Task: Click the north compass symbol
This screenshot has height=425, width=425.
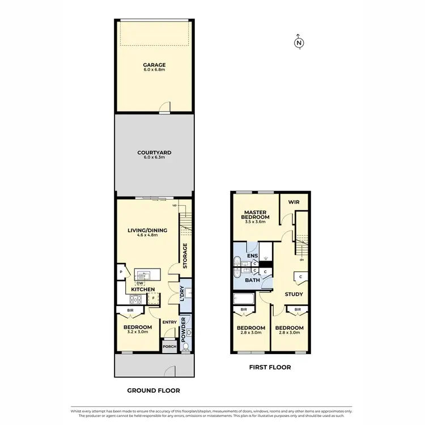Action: [299, 42]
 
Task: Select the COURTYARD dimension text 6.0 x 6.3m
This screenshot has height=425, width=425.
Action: [154, 158]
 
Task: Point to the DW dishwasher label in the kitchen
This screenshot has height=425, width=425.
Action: [139, 283]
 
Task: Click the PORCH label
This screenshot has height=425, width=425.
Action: [168, 347]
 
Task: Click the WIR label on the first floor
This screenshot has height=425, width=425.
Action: [294, 202]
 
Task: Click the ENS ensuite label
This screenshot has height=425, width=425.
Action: [252, 256]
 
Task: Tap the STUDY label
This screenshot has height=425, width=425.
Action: [294, 294]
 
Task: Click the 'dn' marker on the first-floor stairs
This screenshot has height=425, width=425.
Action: [301, 260]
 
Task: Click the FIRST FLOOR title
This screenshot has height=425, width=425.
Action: [270, 367]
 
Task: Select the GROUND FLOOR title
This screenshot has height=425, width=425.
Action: [154, 390]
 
